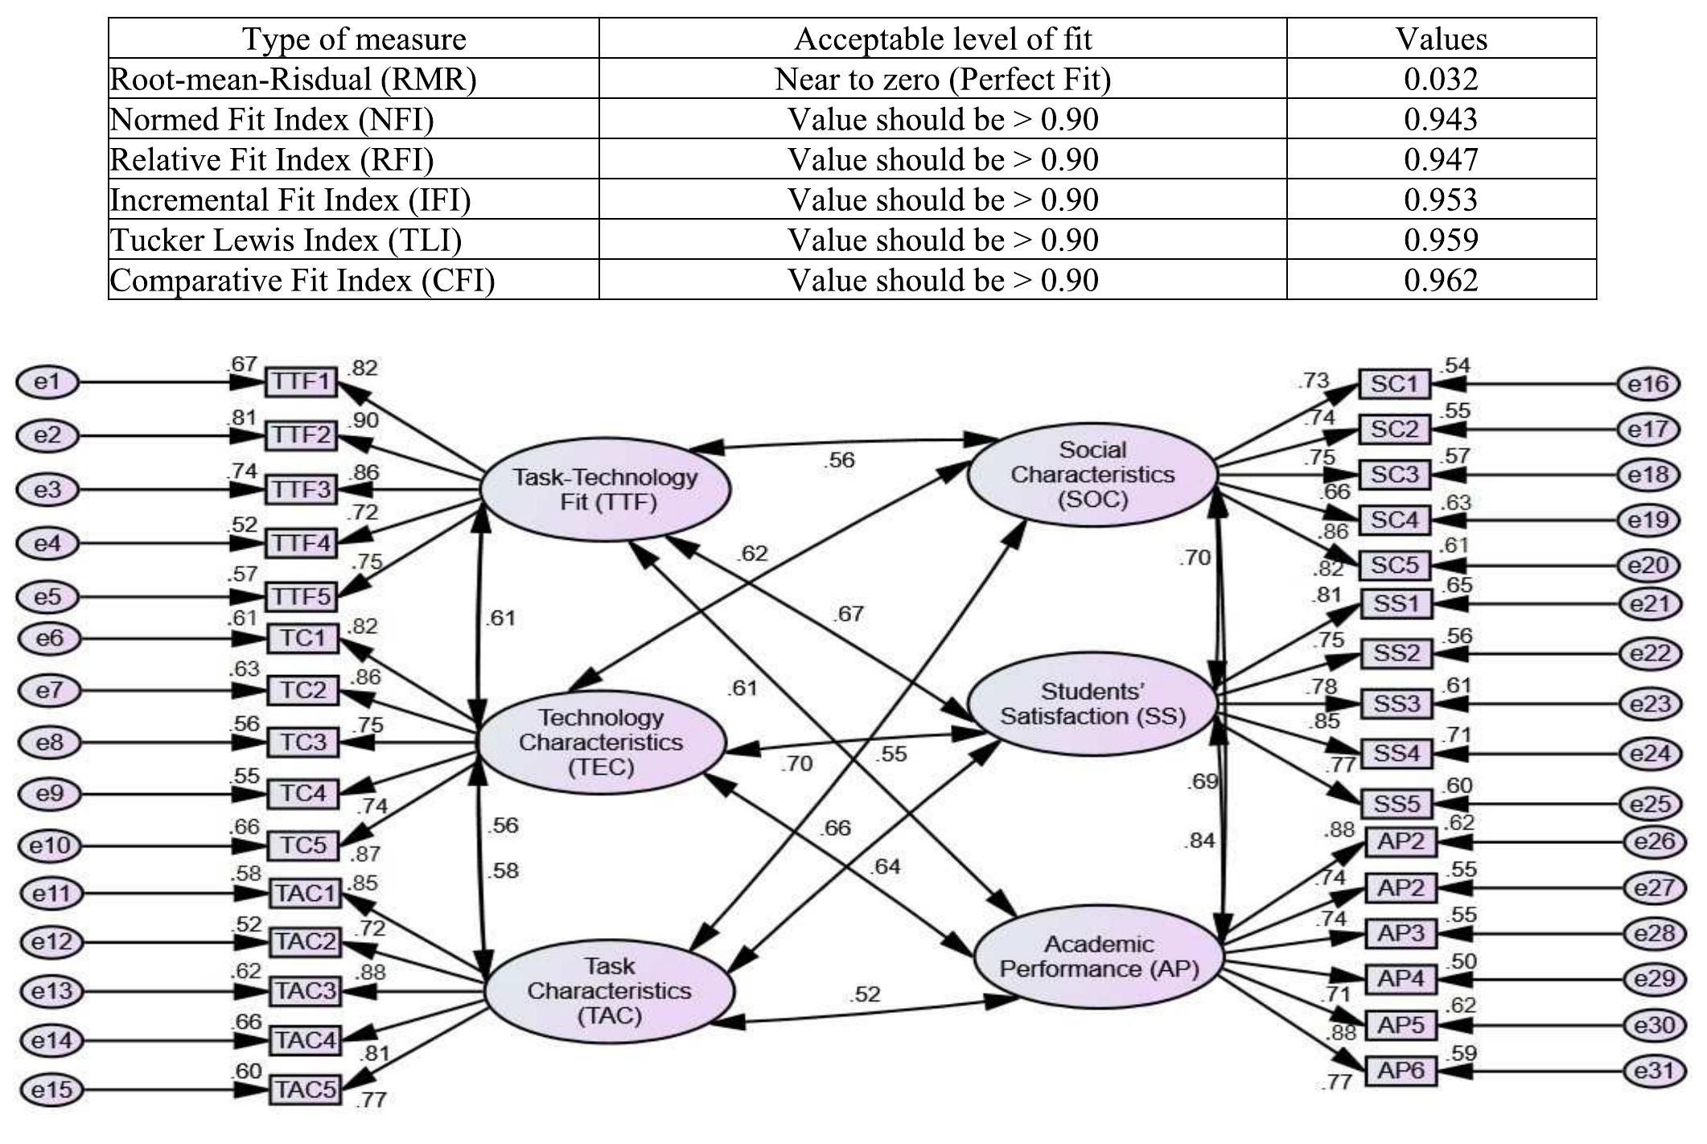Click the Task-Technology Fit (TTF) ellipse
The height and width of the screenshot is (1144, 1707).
pos(605,489)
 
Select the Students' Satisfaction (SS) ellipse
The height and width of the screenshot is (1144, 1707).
pos(1092,704)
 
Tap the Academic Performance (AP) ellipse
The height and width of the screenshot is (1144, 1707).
pos(1099,957)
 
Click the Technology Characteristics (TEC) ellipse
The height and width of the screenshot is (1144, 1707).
pos(601,742)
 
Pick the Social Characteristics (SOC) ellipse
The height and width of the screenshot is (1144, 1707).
pos(1092,475)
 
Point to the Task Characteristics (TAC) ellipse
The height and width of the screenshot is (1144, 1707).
pos(609,990)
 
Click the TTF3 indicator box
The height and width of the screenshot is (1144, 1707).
pos(301,489)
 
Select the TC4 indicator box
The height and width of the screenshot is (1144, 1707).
pos(302,793)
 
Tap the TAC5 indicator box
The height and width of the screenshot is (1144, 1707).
pos(304,1089)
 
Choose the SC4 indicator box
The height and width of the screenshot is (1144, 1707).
pos(1394,520)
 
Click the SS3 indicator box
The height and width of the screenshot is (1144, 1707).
pos(1396,704)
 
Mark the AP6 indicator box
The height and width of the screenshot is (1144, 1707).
pos(1401,1071)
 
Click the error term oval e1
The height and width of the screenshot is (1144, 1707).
pos(47,382)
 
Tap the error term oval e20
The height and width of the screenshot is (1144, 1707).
pos(1648,566)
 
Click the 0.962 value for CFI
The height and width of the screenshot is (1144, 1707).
pos(1441,280)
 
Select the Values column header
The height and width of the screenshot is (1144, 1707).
pos(1441,39)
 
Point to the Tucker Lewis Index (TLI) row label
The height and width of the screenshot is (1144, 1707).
pos(286,240)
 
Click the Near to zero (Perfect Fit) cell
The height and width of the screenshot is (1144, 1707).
pos(942,79)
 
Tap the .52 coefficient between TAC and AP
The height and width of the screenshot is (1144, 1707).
pos(864,995)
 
